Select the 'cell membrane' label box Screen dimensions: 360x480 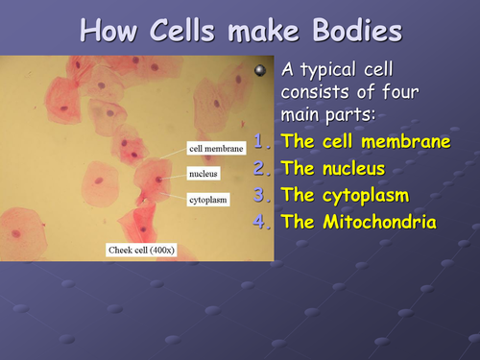point(216,149)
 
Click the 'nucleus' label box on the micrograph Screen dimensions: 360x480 point(204,174)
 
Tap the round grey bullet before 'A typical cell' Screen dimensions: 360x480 point(258,71)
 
